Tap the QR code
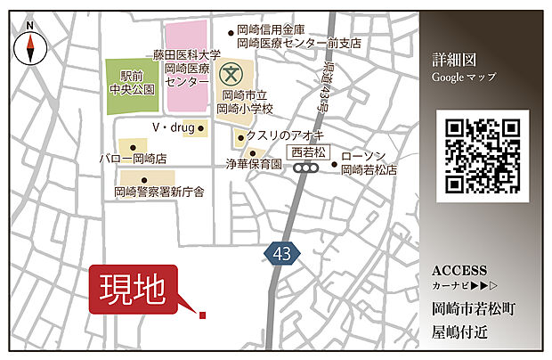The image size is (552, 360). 483,155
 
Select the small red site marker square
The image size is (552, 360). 203,315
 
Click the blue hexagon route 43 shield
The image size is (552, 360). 282,254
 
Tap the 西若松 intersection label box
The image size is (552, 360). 308,151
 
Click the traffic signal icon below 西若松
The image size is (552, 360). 308,167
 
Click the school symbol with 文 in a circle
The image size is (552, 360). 233,71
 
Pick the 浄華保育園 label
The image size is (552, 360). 255,165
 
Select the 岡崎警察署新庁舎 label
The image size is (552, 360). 159,191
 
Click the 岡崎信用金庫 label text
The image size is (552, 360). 272,30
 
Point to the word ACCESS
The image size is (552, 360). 459,271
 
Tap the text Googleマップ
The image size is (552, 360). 463,77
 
